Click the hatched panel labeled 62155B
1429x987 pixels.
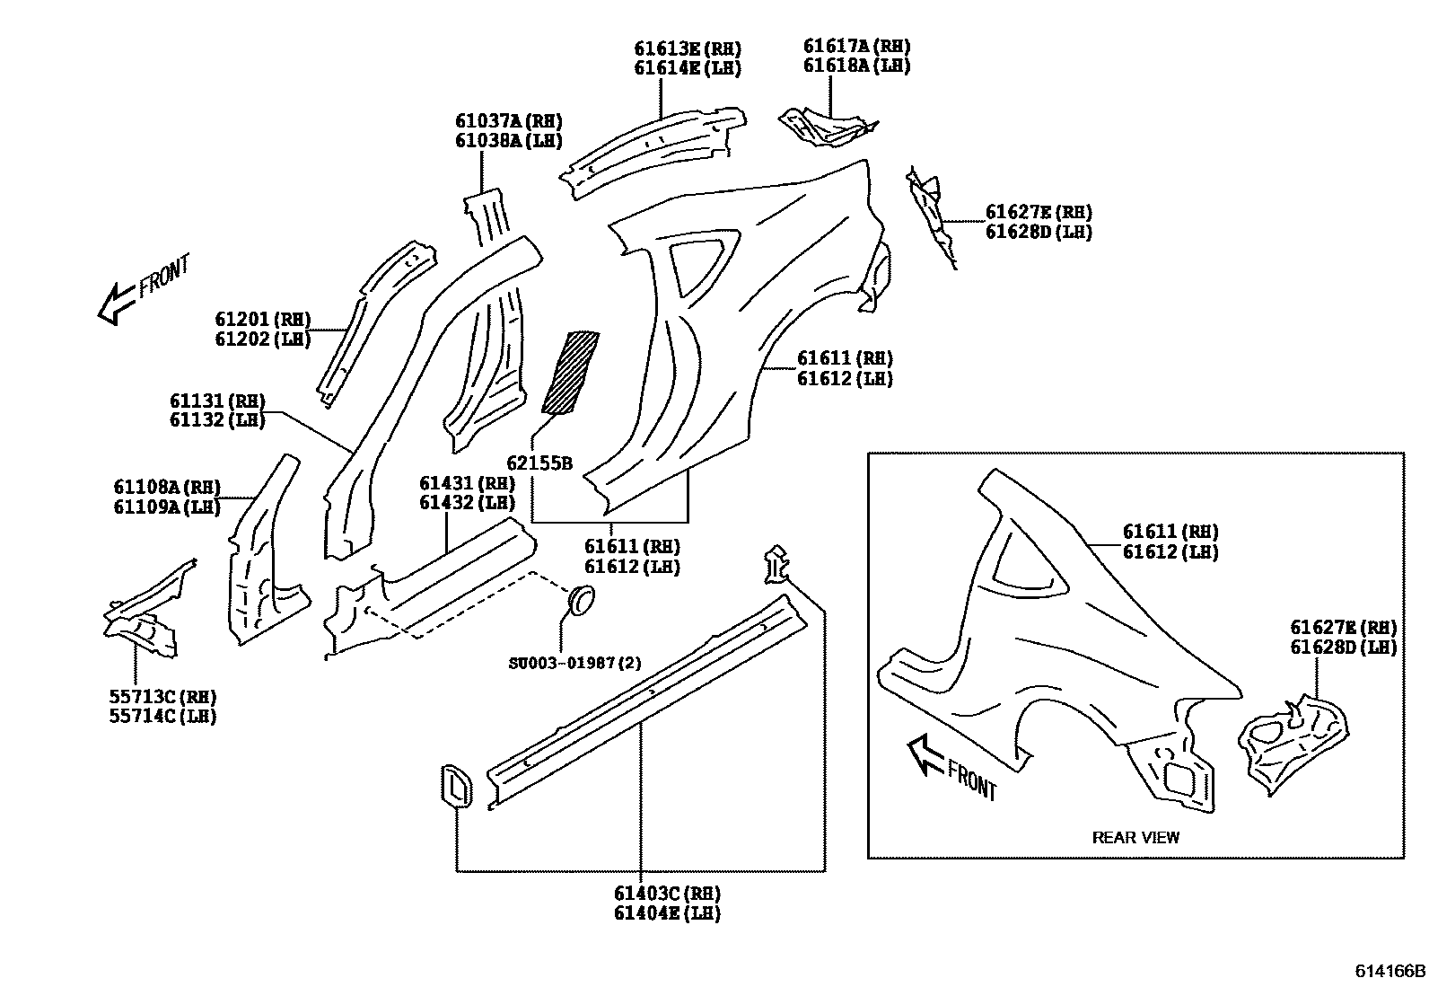[x=570, y=372]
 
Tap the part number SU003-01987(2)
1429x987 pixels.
[x=574, y=664]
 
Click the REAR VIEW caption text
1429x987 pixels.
[x=1135, y=838]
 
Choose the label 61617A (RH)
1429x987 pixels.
[x=855, y=46]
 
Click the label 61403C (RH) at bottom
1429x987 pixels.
[x=667, y=894]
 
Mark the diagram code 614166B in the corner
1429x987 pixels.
[x=1390, y=972]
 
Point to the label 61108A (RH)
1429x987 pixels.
[x=166, y=487]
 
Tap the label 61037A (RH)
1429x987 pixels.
[x=508, y=121]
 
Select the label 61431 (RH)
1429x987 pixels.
[x=467, y=483]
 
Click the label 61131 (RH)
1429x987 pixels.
[x=216, y=401]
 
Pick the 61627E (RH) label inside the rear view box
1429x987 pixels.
[x=1343, y=627]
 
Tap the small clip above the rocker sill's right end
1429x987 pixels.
[x=777, y=565]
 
